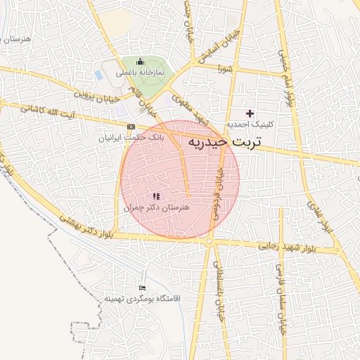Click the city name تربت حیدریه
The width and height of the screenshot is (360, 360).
224,143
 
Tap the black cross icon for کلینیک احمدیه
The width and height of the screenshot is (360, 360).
250,113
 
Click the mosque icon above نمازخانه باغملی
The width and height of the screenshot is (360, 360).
139,61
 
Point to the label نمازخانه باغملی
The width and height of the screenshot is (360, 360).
141,72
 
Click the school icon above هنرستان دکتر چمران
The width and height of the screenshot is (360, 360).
156,196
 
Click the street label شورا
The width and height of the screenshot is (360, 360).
225,68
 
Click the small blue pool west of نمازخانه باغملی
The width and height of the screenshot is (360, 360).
106,73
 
